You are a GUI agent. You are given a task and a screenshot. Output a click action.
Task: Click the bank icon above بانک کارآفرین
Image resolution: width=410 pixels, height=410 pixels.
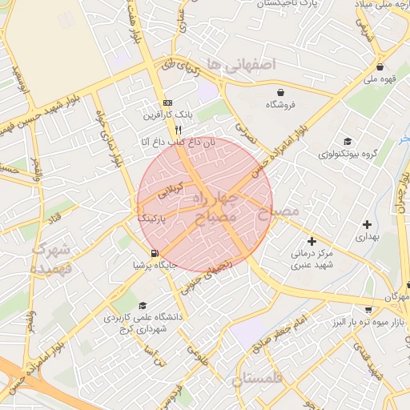[167, 103]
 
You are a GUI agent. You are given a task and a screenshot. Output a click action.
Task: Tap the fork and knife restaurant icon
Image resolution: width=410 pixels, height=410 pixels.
[179, 129]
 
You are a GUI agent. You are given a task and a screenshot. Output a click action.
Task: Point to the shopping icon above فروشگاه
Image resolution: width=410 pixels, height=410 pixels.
[280, 91]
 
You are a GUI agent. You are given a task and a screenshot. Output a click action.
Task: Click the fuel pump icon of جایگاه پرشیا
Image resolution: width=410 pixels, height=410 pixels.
[143, 253]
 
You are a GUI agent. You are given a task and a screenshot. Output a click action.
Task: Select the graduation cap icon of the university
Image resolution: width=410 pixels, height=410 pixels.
[143, 305]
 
